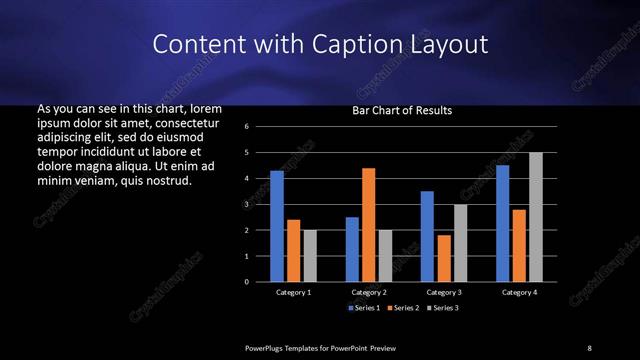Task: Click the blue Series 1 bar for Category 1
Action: pyautogui.click(x=277, y=226)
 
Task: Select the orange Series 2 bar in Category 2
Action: pyautogui.click(x=369, y=225)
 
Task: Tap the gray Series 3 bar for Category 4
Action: pyautogui.click(x=536, y=217)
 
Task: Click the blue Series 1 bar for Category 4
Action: pyautogui.click(x=502, y=223)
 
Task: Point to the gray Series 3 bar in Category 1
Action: pyautogui.click(x=310, y=256)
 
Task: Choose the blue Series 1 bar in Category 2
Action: pyautogui.click(x=352, y=249)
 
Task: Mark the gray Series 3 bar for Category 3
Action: pyautogui.click(x=461, y=243)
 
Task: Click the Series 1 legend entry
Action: pyautogui.click(x=365, y=308)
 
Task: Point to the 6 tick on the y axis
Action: pyautogui.click(x=260, y=127)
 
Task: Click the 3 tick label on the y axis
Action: pyautogui.click(x=260, y=204)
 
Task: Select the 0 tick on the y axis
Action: pyautogui.click(x=260, y=282)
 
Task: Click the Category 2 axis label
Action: pyautogui.click(x=369, y=292)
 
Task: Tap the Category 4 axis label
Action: pyautogui.click(x=519, y=292)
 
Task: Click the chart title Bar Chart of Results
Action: pyautogui.click(x=402, y=110)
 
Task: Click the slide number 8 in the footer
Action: pyautogui.click(x=589, y=347)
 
